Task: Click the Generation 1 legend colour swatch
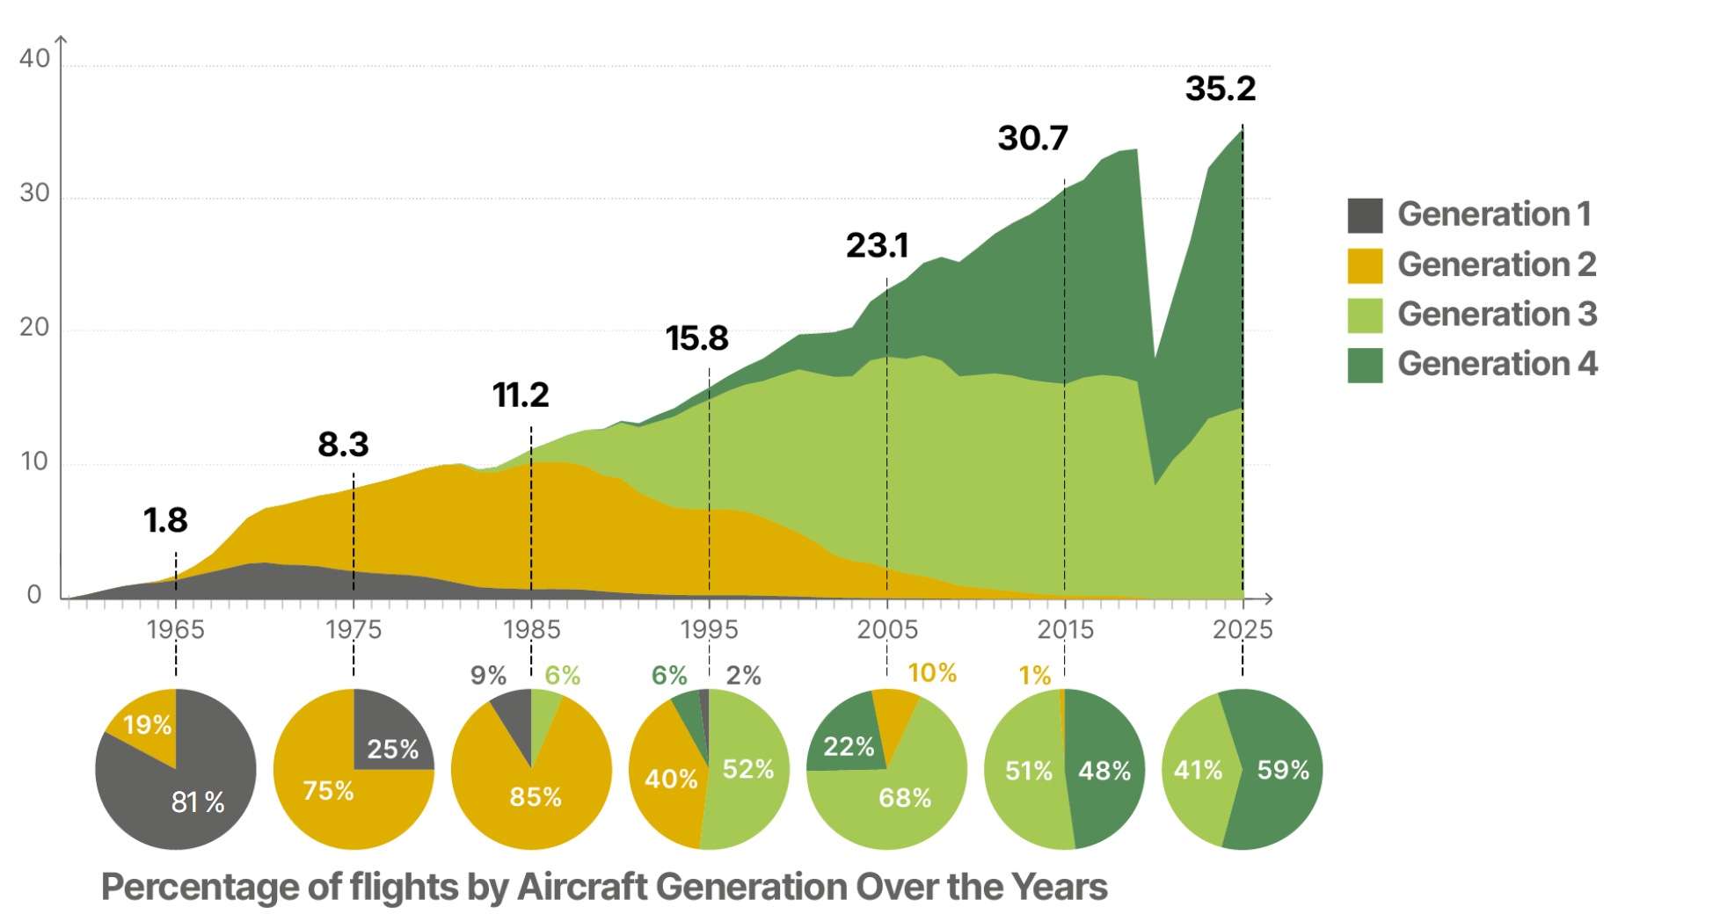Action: [x=1364, y=215]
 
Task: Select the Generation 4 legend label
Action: [x=1497, y=364]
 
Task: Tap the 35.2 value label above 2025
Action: [x=1220, y=89]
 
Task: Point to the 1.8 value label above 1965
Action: [x=165, y=520]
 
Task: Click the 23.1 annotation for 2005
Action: [x=877, y=245]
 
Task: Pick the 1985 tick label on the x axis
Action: [x=531, y=629]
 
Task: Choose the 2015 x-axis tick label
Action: [x=1065, y=629]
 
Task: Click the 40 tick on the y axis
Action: [x=34, y=59]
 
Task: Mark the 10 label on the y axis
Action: [x=34, y=461]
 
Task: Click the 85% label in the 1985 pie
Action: [x=535, y=796]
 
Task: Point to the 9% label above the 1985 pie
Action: [x=488, y=675]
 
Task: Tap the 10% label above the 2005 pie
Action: [x=931, y=673]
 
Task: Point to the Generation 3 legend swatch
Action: [x=1364, y=315]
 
